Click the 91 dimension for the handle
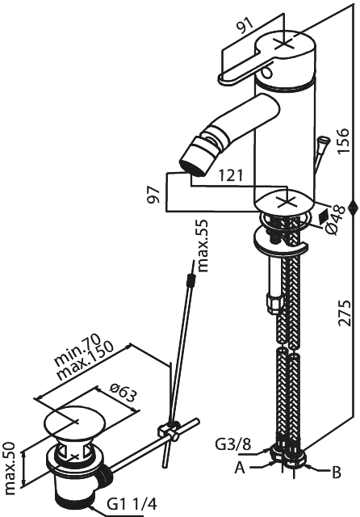click(x=245, y=25)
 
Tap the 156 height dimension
click(x=343, y=141)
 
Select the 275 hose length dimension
click(x=345, y=313)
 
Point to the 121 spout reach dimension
click(x=231, y=175)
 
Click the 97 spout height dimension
click(x=153, y=195)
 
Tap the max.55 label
click(x=203, y=246)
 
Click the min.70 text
click(x=77, y=350)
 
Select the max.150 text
click(x=85, y=360)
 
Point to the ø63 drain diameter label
click(x=122, y=393)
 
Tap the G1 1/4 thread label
click(x=132, y=504)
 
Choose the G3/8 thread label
click(x=232, y=444)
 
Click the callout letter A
click(x=240, y=467)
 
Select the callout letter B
click(x=336, y=472)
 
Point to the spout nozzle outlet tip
click(x=191, y=167)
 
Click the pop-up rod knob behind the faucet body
click(x=322, y=142)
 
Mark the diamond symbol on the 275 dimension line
click(x=353, y=208)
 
